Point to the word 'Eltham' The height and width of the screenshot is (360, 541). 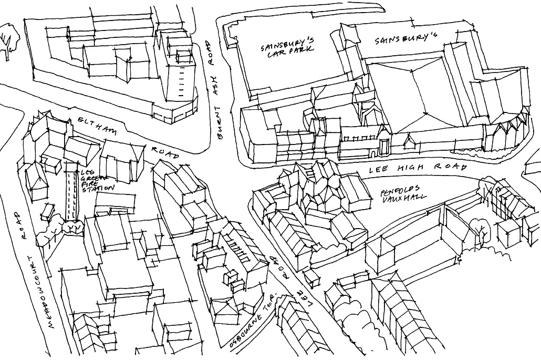(x=97, y=126)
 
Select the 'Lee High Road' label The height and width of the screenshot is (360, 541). (x=418, y=168)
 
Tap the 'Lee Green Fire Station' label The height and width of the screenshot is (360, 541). (x=97, y=180)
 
